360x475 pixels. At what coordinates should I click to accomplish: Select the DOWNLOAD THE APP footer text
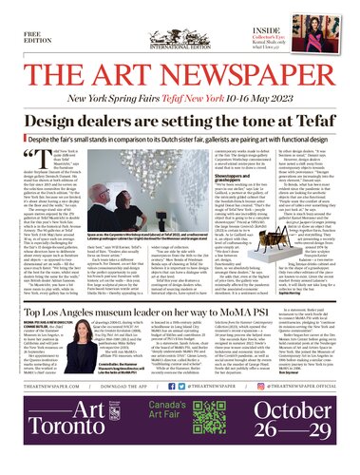(143, 411)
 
